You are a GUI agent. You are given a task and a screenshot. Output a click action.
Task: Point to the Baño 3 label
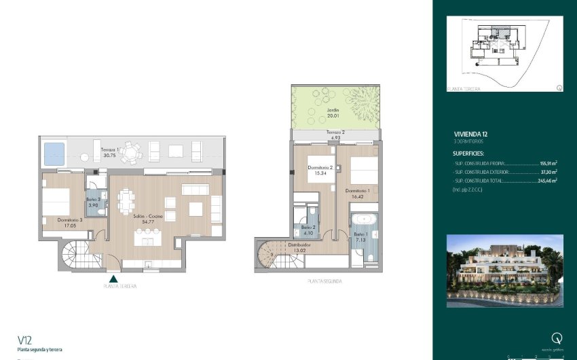94,202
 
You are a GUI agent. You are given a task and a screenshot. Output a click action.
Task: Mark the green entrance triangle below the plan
113,277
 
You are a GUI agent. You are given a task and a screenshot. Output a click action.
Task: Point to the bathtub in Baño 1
365,219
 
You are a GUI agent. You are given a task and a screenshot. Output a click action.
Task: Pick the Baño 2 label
308,230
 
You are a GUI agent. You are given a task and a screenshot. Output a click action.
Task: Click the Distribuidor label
299,246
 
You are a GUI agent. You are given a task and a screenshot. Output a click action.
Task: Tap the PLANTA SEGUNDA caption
324,281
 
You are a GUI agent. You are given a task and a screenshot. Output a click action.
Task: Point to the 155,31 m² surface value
548,164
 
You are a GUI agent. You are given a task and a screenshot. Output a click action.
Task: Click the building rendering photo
504,266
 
